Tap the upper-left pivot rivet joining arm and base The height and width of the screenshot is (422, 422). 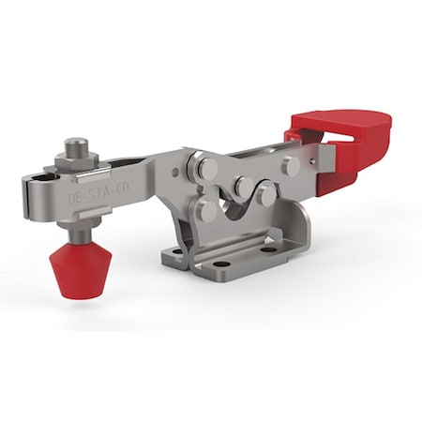pyautogui.click(x=203, y=169)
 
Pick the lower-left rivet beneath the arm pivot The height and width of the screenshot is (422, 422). pyautogui.click(x=208, y=211)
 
